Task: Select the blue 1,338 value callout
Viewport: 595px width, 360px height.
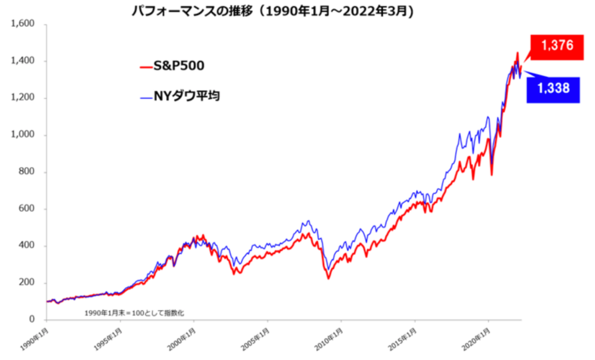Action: [x=553, y=89]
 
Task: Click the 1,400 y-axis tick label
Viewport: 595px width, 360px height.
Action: [x=23, y=61]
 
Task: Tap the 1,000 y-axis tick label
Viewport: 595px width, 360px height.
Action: [x=23, y=135]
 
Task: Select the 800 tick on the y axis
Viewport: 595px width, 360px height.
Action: [x=27, y=172]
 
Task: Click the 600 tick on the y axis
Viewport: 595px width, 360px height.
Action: [x=27, y=209]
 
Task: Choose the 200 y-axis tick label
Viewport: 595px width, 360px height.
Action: [x=27, y=283]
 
